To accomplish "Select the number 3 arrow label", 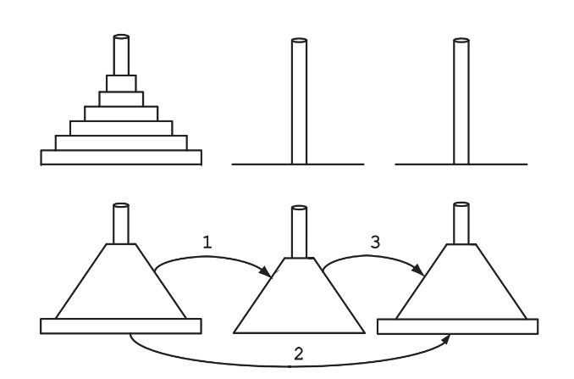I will pos(376,241).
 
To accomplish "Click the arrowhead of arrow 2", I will pos(446,338).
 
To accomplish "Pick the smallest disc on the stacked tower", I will pos(120,82).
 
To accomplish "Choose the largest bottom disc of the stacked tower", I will pos(121,157).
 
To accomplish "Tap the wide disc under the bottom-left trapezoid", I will pos(121,326).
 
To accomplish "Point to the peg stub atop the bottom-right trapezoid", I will pos(460,223).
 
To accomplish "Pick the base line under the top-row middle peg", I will pos(254,164).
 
